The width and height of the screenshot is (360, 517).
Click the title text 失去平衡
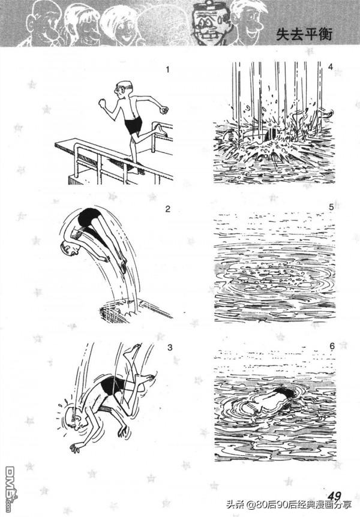click(304, 34)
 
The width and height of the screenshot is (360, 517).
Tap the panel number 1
click(167, 70)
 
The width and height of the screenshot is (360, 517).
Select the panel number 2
click(167, 209)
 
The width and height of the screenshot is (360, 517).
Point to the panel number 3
click(170, 347)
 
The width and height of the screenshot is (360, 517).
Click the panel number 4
click(331, 67)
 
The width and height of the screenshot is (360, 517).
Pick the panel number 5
click(331, 207)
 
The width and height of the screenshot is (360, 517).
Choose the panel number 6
click(332, 346)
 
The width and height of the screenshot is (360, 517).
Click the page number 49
click(334, 496)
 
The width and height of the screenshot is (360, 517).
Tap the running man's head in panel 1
click(124, 88)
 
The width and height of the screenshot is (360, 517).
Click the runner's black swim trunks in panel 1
click(133, 124)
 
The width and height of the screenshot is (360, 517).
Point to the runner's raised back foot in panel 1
click(161, 129)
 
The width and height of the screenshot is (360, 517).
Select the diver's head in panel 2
click(69, 248)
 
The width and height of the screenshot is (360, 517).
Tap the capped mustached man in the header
click(209, 22)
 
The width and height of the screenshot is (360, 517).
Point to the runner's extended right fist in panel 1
click(164, 110)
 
